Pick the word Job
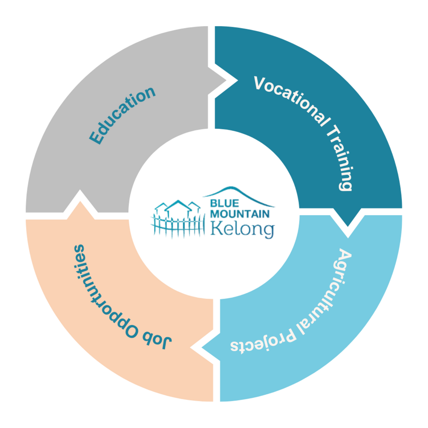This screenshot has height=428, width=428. (x=157, y=338)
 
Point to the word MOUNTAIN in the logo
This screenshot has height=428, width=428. (x=240, y=213)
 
